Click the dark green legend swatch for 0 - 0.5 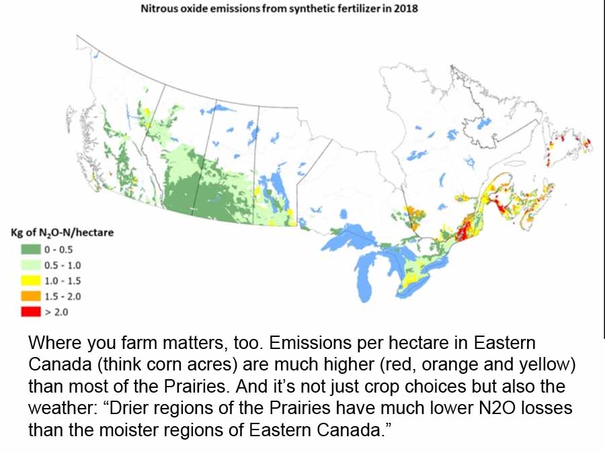click(x=30, y=250)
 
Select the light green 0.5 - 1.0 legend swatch click(x=30, y=265)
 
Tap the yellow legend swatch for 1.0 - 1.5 click(x=30, y=281)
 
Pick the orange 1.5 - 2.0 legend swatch click(x=30, y=296)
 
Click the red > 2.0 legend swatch click(x=30, y=311)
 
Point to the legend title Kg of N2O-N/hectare click(x=62, y=233)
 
